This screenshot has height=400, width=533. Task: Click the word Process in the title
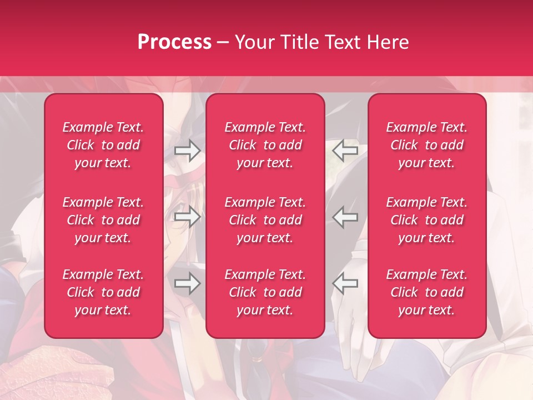pyautogui.click(x=174, y=42)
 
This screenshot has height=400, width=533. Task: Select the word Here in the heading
pyautogui.click(x=388, y=42)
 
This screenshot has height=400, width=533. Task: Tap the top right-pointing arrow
pyautogui.click(x=188, y=150)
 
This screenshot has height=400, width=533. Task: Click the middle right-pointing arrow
pyautogui.click(x=188, y=217)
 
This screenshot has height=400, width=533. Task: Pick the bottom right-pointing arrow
pyautogui.click(x=188, y=283)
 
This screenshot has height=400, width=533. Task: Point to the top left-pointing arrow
pyautogui.click(x=345, y=150)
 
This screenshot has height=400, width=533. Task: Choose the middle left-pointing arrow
pyautogui.click(x=345, y=217)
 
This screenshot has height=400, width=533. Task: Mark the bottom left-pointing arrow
pyautogui.click(x=345, y=283)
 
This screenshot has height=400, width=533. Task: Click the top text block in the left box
pyautogui.click(x=103, y=145)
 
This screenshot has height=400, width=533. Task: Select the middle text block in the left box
pyautogui.click(x=103, y=220)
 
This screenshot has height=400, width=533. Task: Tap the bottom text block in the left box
pyautogui.click(x=103, y=292)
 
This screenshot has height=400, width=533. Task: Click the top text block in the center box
pyautogui.click(x=265, y=145)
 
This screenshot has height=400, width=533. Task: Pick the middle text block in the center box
pyautogui.click(x=265, y=220)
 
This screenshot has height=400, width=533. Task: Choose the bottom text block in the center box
pyautogui.click(x=265, y=292)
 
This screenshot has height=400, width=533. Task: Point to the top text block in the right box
pyautogui.click(x=427, y=145)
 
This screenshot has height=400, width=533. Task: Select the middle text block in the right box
pyautogui.click(x=427, y=220)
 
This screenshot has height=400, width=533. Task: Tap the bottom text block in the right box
pyautogui.click(x=427, y=292)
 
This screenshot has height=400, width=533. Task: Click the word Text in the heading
pyautogui.click(x=345, y=42)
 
